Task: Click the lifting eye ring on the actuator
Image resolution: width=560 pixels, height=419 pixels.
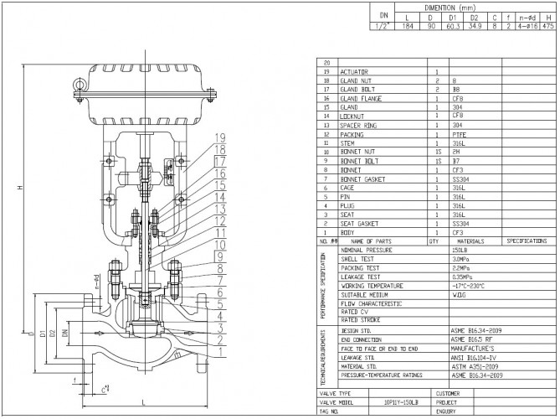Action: [x=80, y=85]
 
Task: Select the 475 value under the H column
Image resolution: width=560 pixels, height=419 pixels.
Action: [x=548, y=27]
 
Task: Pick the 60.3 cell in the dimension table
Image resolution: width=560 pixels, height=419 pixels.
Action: [x=452, y=27]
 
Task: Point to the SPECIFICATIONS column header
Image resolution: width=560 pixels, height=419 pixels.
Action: [x=527, y=240]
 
